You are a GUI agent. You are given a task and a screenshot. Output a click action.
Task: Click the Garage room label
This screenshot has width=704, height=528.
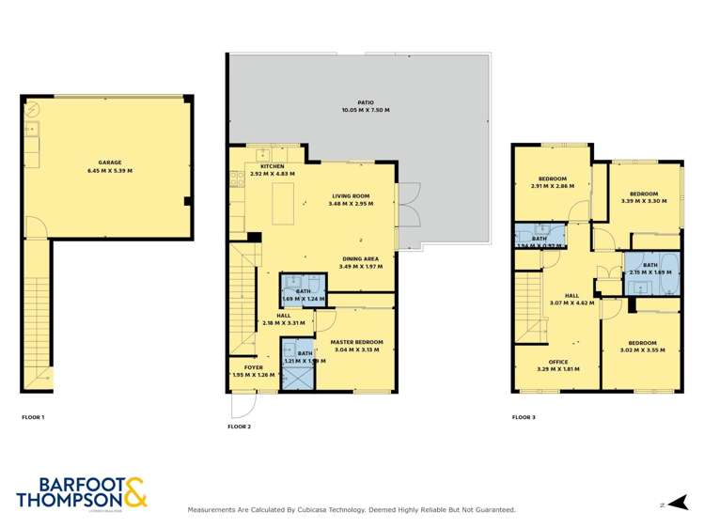(x=110, y=163)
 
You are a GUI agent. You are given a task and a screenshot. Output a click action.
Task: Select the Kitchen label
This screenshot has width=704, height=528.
(x=273, y=165)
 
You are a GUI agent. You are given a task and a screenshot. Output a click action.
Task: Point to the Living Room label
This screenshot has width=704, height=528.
(x=350, y=195)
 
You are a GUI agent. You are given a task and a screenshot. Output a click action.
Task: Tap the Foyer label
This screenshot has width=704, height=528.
(x=254, y=367)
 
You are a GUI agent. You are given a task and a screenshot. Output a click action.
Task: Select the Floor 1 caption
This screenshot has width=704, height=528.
(x=33, y=416)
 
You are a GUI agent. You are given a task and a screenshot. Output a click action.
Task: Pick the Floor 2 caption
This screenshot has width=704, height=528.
(x=240, y=427)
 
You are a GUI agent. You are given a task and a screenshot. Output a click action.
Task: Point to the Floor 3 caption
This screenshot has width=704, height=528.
(x=524, y=416)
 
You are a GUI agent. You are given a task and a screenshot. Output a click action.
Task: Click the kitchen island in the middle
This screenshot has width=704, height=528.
(x=283, y=205)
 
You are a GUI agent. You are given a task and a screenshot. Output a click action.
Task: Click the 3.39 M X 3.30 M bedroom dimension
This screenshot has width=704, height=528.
(x=644, y=201)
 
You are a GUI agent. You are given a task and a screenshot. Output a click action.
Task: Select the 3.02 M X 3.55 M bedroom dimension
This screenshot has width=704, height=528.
(x=642, y=349)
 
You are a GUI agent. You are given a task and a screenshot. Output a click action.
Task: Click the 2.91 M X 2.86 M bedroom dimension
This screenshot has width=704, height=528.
(x=552, y=185)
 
